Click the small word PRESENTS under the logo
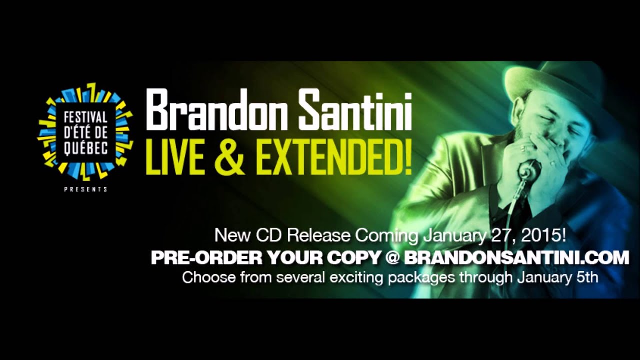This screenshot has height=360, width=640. [86, 189]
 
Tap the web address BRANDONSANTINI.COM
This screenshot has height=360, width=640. [516, 258]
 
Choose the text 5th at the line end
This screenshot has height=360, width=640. [587, 277]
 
